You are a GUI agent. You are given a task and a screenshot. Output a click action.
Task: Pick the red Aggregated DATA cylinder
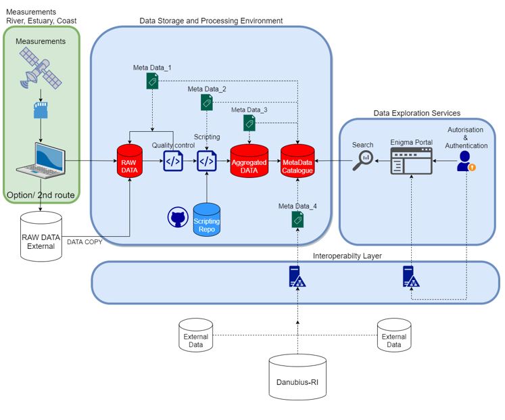pos(249,160)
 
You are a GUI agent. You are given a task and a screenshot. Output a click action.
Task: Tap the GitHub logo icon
pos(177,218)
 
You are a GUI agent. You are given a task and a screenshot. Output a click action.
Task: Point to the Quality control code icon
pos(173,162)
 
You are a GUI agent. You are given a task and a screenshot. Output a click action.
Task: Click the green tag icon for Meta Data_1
pos(153,81)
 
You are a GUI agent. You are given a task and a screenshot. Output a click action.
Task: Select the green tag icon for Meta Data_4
pos(297,219)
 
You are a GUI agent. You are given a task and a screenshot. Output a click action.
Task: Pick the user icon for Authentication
pos(464,162)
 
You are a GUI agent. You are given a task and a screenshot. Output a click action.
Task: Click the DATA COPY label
pos(85,241)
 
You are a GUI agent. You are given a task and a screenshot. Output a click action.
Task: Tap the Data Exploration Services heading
pos(416,113)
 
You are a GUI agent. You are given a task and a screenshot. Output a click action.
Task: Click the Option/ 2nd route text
pos(41,195)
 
